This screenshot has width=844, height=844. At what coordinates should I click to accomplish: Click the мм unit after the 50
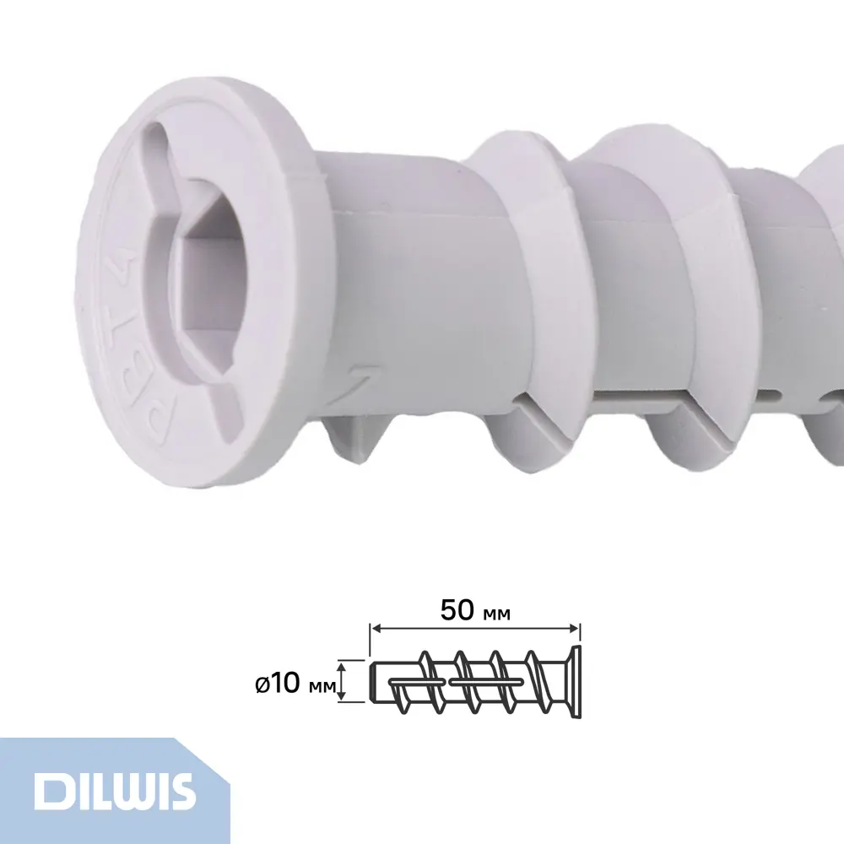pyautogui.click(x=498, y=613)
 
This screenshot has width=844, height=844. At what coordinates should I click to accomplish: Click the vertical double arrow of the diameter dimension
pyautogui.click(x=342, y=679)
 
